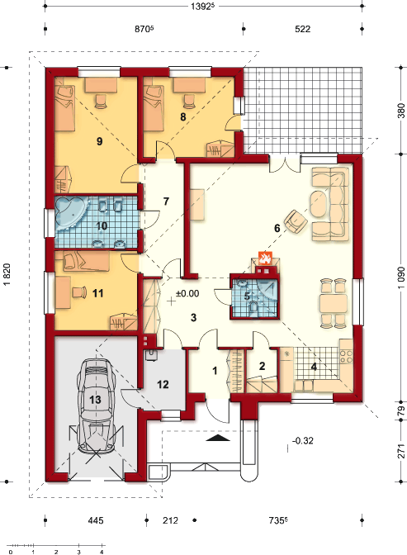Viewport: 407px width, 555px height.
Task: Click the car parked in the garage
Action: point(96,406)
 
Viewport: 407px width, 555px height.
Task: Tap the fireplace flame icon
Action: point(265,258)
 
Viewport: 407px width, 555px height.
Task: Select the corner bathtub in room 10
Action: point(71,213)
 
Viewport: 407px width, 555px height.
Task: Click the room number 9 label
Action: point(99,141)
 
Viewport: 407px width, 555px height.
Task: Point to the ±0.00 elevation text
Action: point(187,293)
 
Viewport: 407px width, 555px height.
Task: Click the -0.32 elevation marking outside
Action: point(303,441)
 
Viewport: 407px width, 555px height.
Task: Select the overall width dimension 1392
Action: point(203,7)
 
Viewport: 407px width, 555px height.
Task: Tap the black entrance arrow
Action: point(218,438)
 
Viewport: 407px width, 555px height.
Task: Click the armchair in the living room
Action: point(296,221)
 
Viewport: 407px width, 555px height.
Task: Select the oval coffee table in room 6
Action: point(319,205)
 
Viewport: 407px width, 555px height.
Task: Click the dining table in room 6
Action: point(334,303)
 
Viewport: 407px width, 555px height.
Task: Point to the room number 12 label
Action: point(163,384)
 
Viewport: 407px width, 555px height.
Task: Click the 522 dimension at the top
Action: point(303,29)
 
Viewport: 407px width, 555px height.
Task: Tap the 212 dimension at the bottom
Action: point(170,520)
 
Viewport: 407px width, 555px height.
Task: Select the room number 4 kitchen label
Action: point(314,367)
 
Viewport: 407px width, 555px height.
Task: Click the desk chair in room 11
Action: point(79,292)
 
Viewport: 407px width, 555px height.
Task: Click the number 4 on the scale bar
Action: point(102,552)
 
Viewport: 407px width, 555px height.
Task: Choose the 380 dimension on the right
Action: point(401,111)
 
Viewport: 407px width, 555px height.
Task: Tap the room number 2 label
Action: point(262,366)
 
